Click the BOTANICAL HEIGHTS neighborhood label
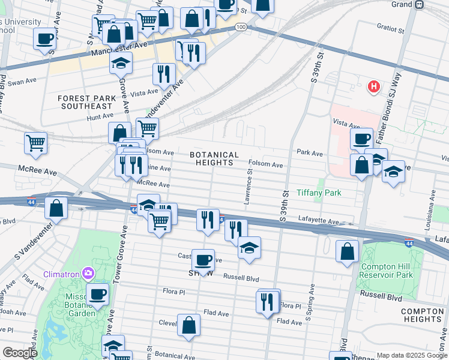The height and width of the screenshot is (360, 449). tap(214, 158)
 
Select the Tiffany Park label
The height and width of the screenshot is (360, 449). tap(319, 193)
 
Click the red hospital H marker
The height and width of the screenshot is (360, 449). tap(374, 87)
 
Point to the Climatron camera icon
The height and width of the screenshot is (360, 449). tap(88, 274)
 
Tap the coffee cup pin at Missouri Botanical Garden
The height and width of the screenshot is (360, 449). tap(98, 295)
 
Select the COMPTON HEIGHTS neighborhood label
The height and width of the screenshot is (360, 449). tap(422, 316)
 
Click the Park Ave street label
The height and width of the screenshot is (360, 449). tap(309, 154)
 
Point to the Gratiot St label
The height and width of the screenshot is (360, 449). tap(375, 26)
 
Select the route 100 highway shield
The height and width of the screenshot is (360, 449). tap(240, 27)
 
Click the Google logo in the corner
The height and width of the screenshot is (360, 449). tap(20, 353)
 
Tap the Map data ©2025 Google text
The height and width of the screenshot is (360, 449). tap(411, 355)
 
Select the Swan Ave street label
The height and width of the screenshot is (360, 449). tap(22, 80)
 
